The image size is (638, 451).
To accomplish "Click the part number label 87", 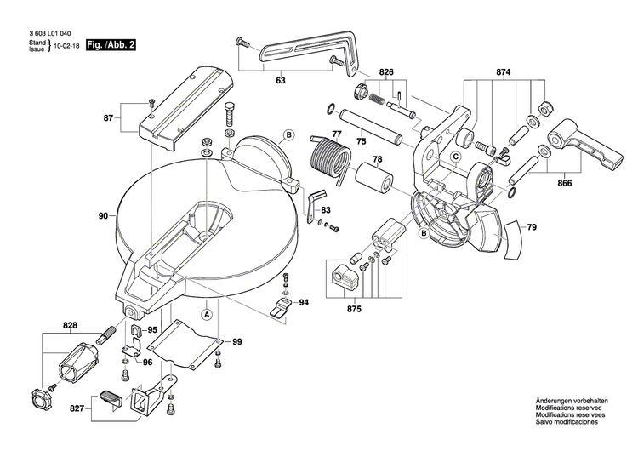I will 108,117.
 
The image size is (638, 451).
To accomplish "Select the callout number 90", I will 103,216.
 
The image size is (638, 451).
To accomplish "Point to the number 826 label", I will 386,74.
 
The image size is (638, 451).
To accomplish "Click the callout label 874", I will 504,74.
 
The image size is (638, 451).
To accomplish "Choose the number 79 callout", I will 531,227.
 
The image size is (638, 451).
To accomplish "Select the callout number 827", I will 77,409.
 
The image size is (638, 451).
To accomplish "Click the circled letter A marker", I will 206,314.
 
